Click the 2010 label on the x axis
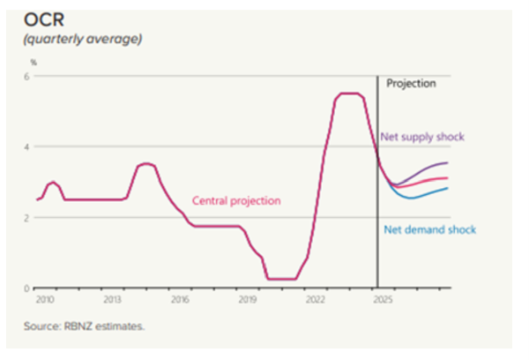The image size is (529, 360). tap(41, 300)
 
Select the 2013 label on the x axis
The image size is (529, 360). tap(111, 300)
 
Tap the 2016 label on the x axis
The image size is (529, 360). tap(180, 300)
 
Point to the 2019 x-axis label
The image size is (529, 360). tap(249, 300)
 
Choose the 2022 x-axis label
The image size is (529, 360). tap(317, 300)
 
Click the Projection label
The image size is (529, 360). tap(412, 85)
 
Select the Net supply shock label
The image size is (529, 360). tap(421, 137)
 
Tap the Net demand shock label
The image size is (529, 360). tap(429, 229)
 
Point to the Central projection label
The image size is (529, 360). tap(236, 200)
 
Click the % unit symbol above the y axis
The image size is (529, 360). tap(34, 63)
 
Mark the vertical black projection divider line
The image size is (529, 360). tap(377, 221)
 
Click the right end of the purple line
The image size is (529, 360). tap(448, 163)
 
